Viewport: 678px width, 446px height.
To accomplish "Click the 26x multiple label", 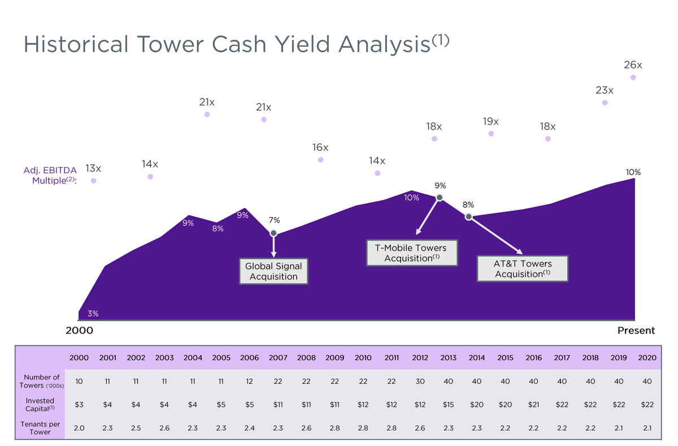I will tap(633, 65).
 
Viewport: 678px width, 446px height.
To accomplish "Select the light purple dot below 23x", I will tap(605, 103).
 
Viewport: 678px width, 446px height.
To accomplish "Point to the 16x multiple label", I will tap(320, 147).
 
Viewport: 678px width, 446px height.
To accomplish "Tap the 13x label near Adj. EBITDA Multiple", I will tap(93, 168).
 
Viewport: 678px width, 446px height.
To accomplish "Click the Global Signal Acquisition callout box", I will tap(273, 271).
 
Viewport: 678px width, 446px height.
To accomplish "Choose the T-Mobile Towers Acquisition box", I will tap(411, 253).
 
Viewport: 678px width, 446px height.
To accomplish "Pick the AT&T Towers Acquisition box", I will tap(523, 269).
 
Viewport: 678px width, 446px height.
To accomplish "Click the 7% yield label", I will tap(274, 220).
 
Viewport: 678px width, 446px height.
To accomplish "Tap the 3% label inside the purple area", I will tap(92, 313).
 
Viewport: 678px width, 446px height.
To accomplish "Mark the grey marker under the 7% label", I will tap(273, 233).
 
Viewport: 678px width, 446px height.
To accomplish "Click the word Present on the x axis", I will tap(636, 331).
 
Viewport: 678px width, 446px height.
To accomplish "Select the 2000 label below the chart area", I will tap(80, 331).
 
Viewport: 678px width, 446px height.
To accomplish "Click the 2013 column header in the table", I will tap(448, 357).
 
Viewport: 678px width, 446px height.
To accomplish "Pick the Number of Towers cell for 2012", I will tap(420, 382).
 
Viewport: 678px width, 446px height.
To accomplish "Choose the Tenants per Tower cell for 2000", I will tap(79, 428).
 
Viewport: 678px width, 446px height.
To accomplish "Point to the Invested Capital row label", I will tap(40, 404).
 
